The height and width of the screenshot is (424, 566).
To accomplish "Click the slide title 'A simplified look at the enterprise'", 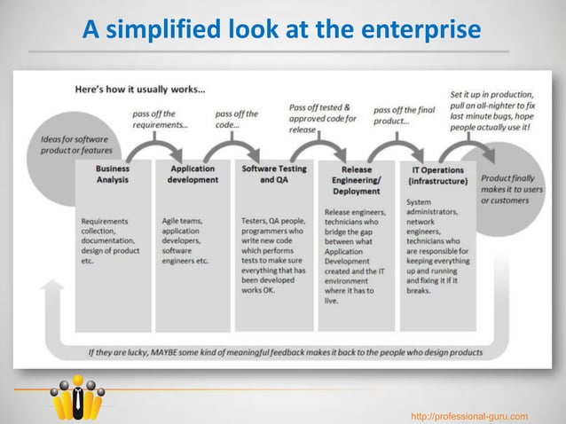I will (282, 30).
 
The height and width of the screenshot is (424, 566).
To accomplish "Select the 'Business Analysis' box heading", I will (113, 174).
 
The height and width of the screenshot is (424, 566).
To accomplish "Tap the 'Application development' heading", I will (193, 174).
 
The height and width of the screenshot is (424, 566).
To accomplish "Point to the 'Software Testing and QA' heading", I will (274, 173).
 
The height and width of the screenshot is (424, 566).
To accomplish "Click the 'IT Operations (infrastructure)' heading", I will (437, 175).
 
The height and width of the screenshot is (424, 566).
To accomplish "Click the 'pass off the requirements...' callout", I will (160, 119).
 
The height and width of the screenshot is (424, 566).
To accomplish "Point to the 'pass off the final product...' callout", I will (404, 115).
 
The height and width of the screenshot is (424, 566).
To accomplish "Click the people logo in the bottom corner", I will (77, 397).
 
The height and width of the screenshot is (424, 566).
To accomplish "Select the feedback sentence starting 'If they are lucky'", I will (285, 351).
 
